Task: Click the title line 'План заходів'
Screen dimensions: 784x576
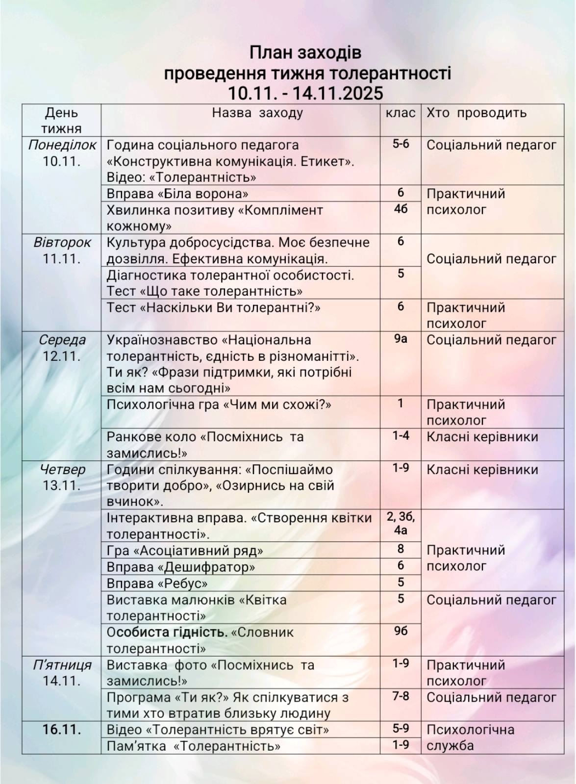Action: point(305,53)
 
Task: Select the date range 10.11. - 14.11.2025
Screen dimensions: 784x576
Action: point(305,93)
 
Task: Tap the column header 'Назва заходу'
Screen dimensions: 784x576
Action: point(257,113)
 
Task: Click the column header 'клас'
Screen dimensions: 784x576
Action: point(401,113)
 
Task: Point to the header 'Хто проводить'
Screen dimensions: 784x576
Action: point(476,113)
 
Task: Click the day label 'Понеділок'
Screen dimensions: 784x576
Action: point(62,145)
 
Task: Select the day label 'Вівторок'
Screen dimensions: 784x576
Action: point(62,242)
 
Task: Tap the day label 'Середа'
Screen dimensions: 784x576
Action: point(62,340)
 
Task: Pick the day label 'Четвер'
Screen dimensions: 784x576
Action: point(62,469)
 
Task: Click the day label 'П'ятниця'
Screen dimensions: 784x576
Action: point(62,665)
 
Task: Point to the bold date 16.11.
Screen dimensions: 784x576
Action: point(62,730)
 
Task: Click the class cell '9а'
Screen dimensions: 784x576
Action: point(401,338)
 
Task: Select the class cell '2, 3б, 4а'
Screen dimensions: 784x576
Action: point(401,524)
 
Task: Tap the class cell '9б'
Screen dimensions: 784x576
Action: point(401,631)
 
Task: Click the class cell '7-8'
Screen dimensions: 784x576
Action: point(401,696)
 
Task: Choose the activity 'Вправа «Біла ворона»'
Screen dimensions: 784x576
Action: point(177,194)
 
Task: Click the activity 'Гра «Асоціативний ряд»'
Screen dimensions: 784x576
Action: point(185,551)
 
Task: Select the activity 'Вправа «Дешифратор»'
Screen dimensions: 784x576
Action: point(181,567)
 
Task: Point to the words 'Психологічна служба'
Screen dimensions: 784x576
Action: point(470,737)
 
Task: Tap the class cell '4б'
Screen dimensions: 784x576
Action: point(401,209)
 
